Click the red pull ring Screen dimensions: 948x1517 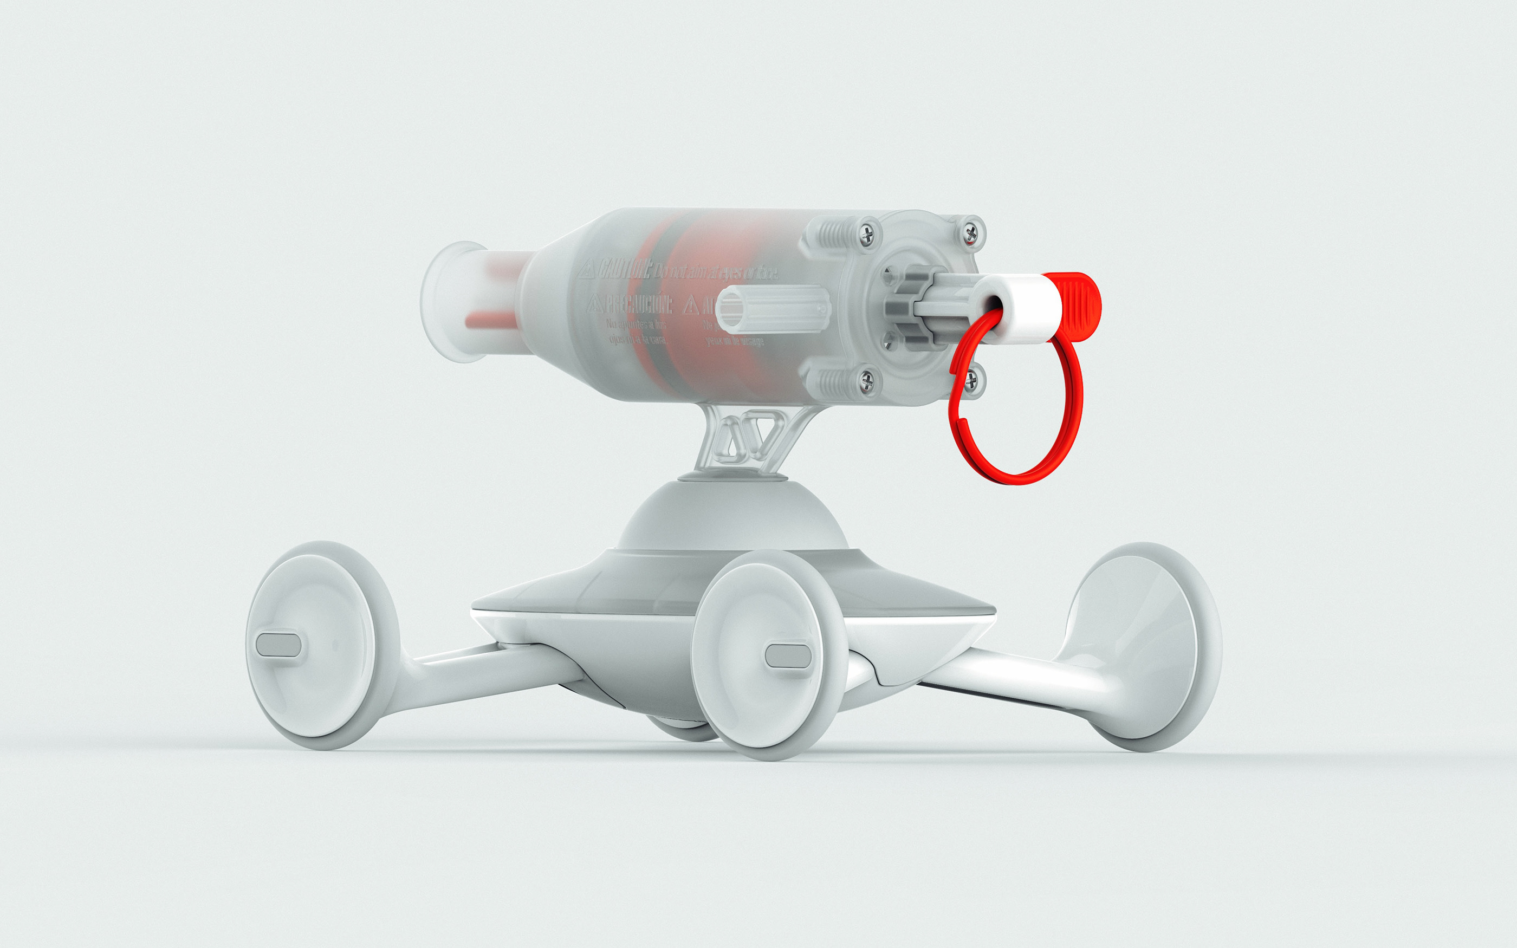pyautogui.click(x=1066, y=439)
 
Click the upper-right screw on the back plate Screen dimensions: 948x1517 pyautogui.click(x=970, y=233)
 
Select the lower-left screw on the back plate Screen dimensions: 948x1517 pyautogui.click(x=867, y=378)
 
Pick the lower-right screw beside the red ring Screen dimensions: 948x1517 pyautogui.click(x=971, y=378)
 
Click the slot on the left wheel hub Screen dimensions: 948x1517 pyautogui.click(x=278, y=645)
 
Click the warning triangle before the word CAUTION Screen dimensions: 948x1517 pyautogui.click(x=586, y=271)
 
